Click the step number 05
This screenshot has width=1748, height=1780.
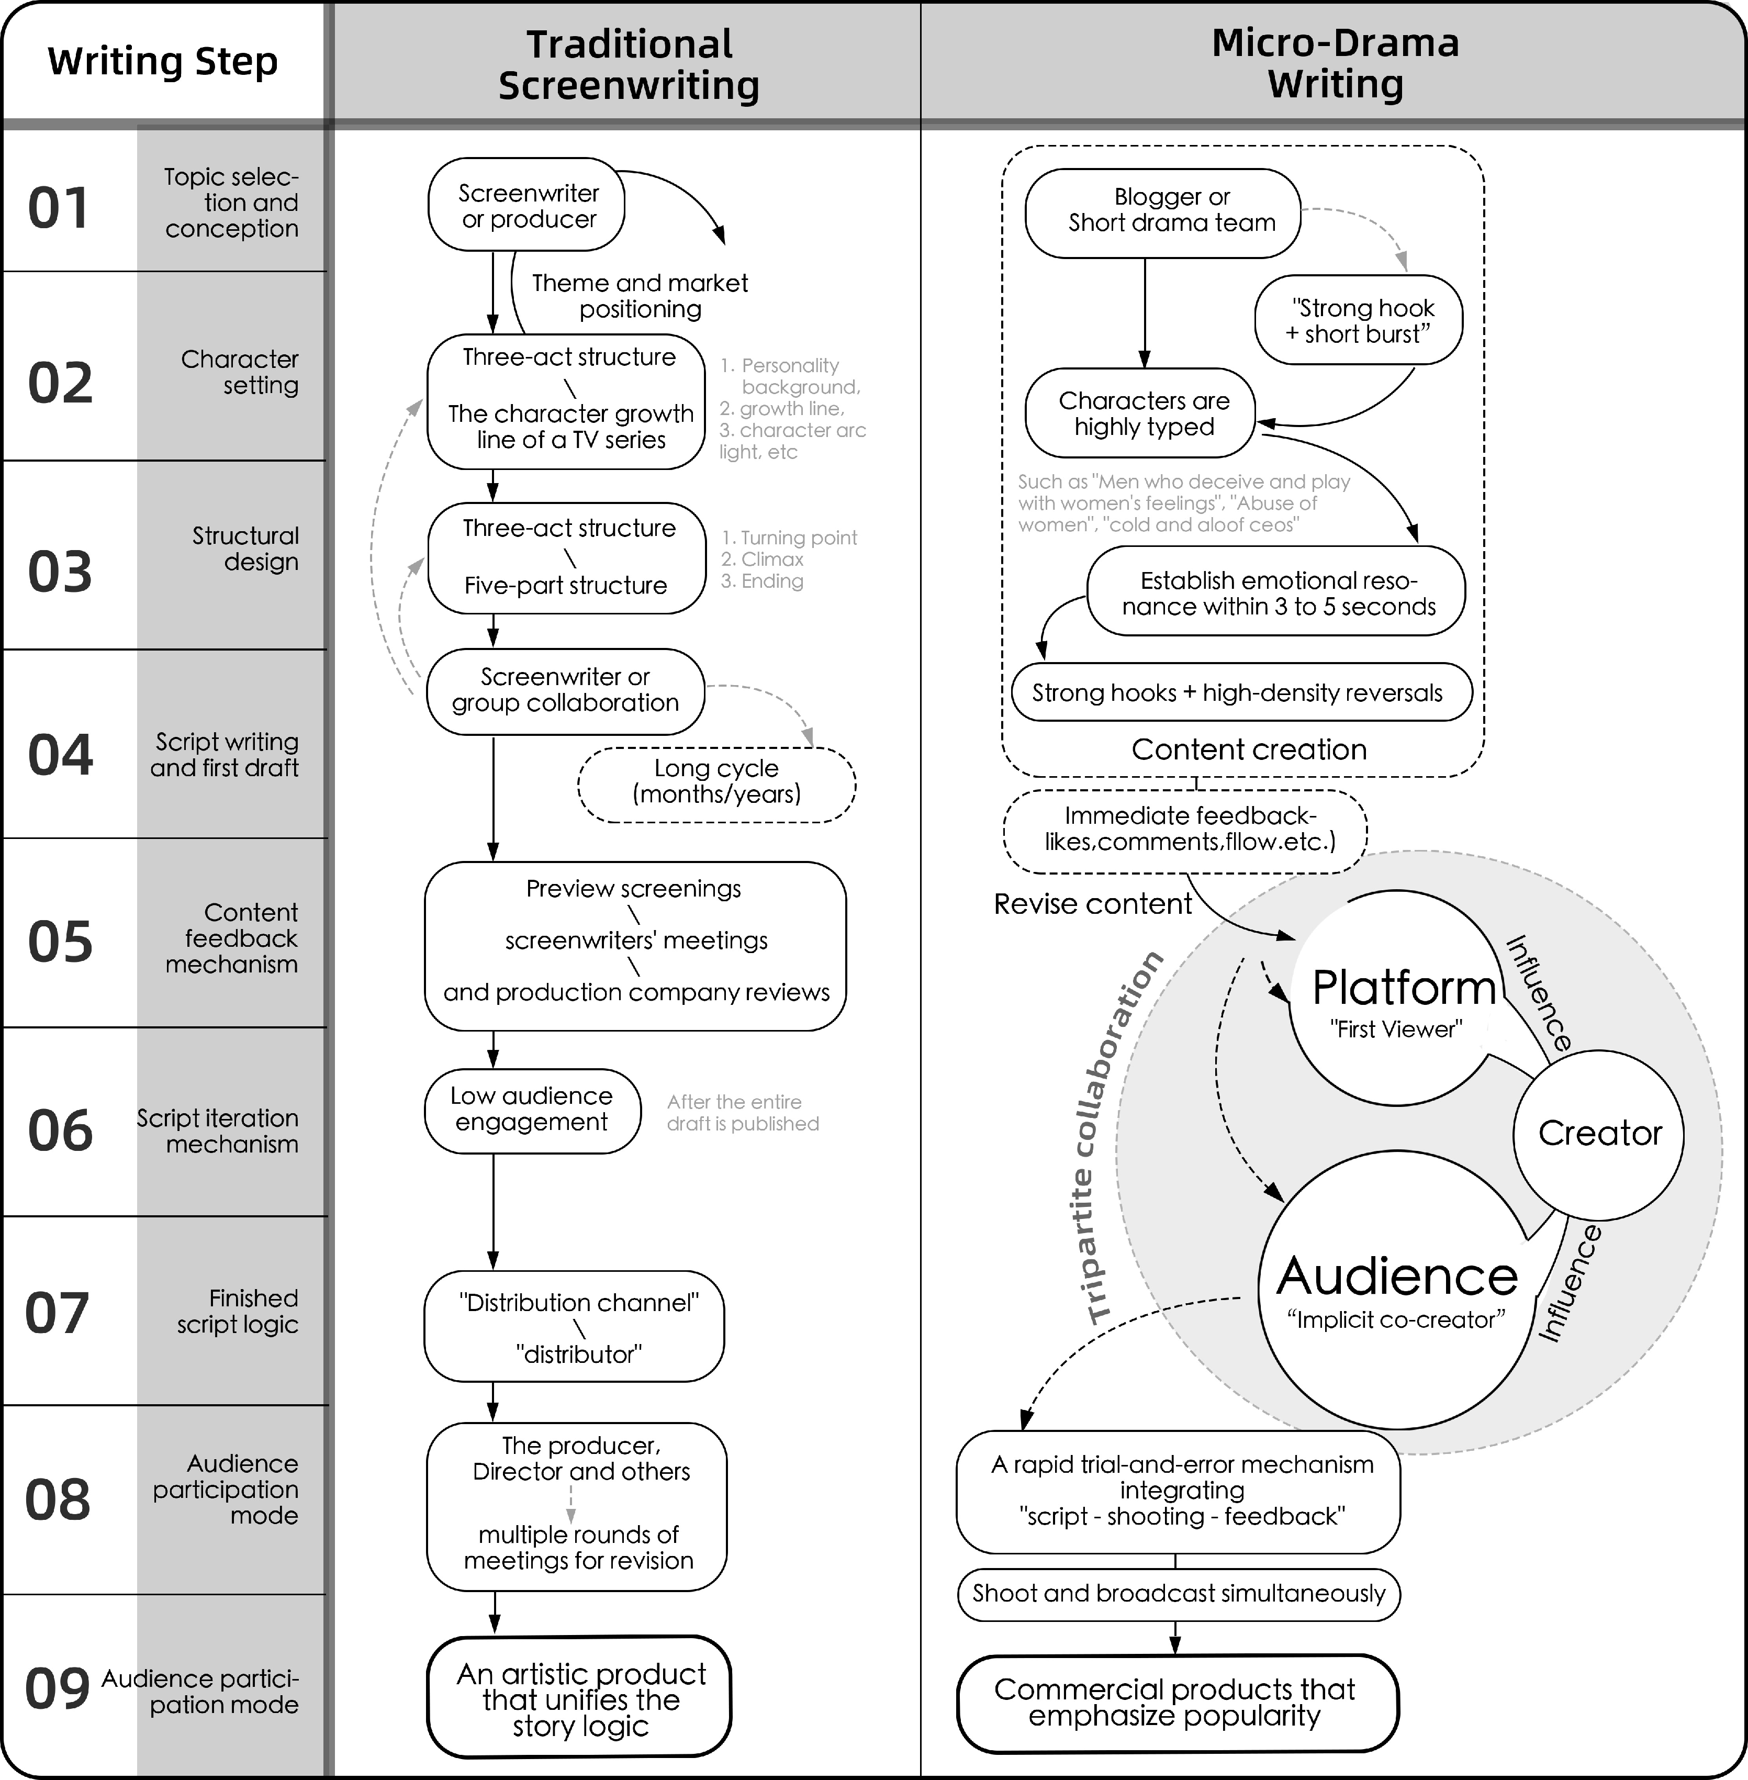pyautogui.click(x=61, y=942)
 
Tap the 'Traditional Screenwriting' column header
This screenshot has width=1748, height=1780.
pyautogui.click(x=629, y=64)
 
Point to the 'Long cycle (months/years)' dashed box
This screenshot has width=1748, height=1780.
pyautogui.click(x=716, y=781)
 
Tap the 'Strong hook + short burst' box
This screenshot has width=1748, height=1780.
pyautogui.click(x=1359, y=320)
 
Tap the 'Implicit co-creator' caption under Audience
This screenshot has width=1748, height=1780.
pyautogui.click(x=1395, y=1320)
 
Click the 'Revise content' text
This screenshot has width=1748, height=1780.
pyautogui.click(x=1093, y=904)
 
